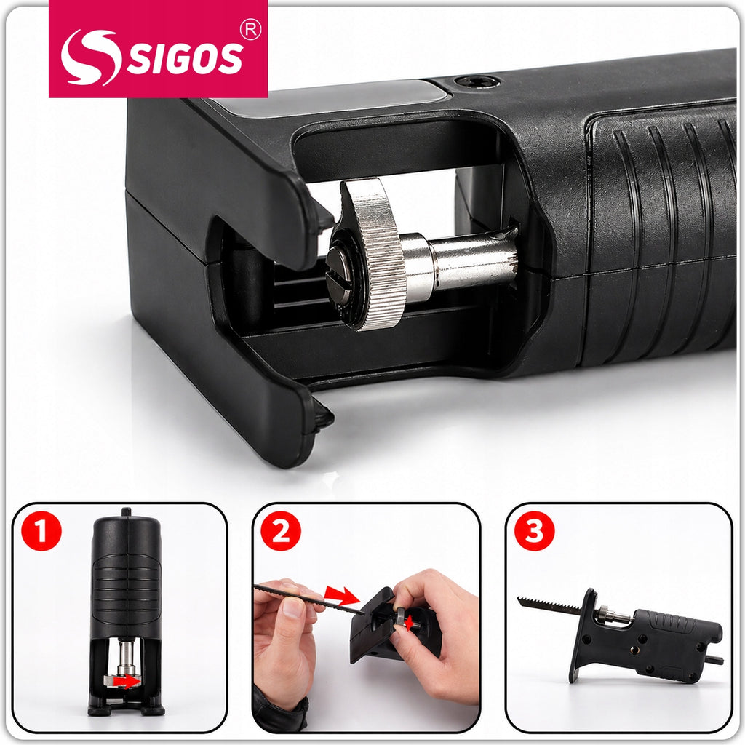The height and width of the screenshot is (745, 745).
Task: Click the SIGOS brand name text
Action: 185,58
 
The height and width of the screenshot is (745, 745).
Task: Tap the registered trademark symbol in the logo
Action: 250,30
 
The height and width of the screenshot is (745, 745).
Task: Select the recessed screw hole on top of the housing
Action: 477,81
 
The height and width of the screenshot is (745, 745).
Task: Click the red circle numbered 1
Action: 41,530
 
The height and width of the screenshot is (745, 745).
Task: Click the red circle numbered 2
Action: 281,530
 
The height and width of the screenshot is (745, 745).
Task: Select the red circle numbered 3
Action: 535,530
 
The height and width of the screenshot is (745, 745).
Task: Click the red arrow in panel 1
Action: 128,682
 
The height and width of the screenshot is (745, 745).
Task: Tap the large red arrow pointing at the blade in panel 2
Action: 341,595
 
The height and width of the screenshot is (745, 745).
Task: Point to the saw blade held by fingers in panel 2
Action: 308,599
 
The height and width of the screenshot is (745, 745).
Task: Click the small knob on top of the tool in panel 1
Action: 126,512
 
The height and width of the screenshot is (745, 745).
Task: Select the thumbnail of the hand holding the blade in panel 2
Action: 293,607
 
